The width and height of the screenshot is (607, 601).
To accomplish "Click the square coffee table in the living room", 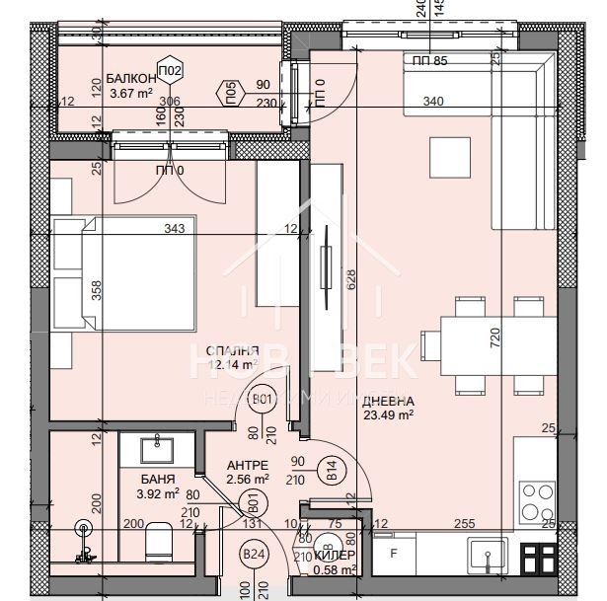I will (x=450, y=154).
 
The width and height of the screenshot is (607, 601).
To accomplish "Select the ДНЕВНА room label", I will (x=387, y=402).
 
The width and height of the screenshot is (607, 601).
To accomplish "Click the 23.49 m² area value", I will (x=387, y=414).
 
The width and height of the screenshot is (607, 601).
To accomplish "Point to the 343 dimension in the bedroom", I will (x=176, y=229).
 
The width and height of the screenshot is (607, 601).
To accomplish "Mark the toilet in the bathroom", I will (x=158, y=542).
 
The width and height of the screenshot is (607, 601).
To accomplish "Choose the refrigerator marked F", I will (x=394, y=554).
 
